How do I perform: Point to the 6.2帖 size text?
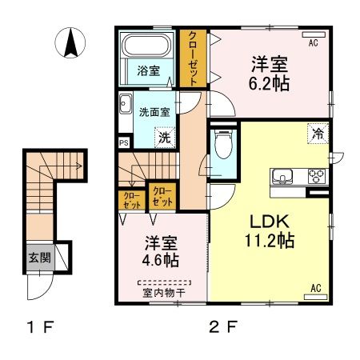tap(270, 81)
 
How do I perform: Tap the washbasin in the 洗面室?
tap(126, 103)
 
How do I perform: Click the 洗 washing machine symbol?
tap(163, 138)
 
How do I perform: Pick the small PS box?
tap(123, 144)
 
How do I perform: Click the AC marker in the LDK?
tap(314, 287)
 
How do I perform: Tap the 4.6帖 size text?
tap(160, 259)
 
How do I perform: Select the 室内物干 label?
tap(163, 292)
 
